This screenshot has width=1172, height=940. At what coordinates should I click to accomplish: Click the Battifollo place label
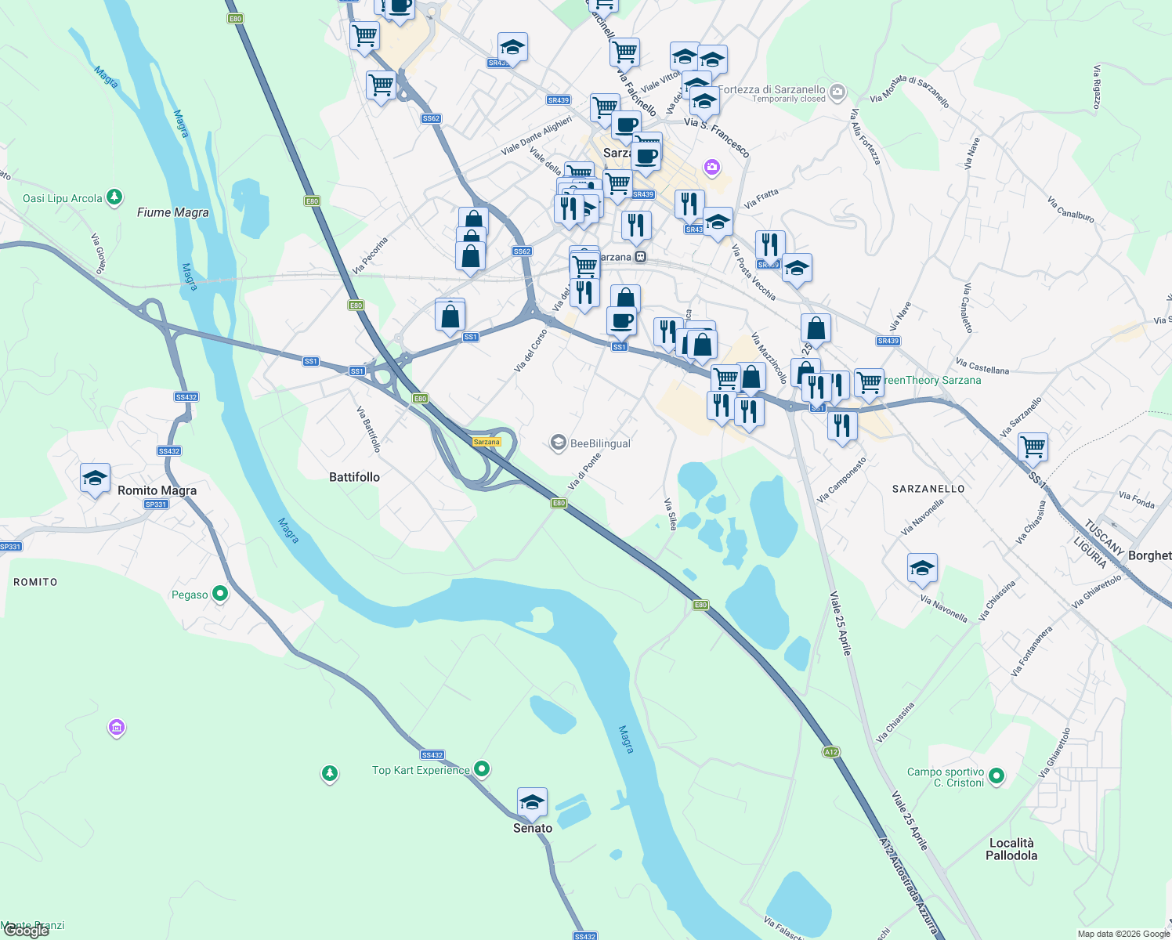pyautogui.click(x=354, y=477)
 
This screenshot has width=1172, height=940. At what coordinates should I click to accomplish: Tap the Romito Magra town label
pyautogui.click(x=157, y=490)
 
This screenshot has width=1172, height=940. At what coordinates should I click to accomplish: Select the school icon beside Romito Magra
pyautogui.click(x=95, y=479)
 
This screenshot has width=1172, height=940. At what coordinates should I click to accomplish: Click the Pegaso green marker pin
pyautogui.click(x=220, y=594)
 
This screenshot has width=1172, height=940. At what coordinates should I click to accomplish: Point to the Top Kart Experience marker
pyautogui.click(x=483, y=769)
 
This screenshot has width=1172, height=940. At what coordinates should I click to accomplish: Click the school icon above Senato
pyautogui.click(x=532, y=802)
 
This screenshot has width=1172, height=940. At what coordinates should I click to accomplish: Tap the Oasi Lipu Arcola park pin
pyautogui.click(x=114, y=197)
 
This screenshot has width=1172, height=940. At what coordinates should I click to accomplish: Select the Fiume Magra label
pyautogui.click(x=172, y=212)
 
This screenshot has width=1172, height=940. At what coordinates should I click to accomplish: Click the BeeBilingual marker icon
pyautogui.click(x=558, y=443)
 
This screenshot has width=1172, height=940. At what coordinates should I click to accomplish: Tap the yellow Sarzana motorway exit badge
pyautogui.click(x=487, y=442)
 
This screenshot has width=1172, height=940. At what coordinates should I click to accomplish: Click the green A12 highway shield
pyautogui.click(x=831, y=752)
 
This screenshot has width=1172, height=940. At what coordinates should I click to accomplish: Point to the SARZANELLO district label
pyautogui.click(x=928, y=489)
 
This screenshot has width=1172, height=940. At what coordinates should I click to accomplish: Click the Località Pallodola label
pyautogui.click(x=1011, y=849)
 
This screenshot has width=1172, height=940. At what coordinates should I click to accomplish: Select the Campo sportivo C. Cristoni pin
pyautogui.click(x=997, y=776)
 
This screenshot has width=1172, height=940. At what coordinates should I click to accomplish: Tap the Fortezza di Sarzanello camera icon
pyautogui.click(x=837, y=93)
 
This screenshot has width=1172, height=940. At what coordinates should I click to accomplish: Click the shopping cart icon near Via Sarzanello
pyautogui.click(x=1033, y=447)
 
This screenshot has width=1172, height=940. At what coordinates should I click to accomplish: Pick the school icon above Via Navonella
pyautogui.click(x=922, y=568)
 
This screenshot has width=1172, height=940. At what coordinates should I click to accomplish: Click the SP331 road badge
pyautogui.click(x=156, y=504)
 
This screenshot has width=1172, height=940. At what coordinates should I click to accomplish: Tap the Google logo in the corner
pyautogui.click(x=26, y=931)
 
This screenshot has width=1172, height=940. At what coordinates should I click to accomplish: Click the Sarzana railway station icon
pyautogui.click(x=641, y=257)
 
